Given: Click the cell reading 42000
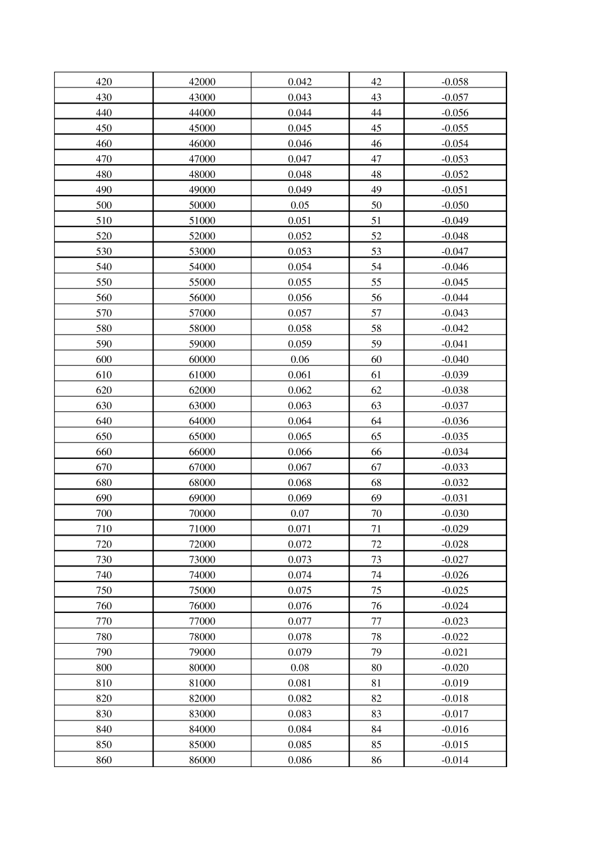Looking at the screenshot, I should click(x=202, y=82).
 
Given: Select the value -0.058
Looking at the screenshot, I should click(x=455, y=82).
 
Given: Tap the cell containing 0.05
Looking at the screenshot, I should click(x=300, y=205).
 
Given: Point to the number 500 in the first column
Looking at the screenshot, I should click(x=104, y=205).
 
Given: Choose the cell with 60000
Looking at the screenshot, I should click(x=202, y=360).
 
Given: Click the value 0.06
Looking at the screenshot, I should click(x=300, y=360).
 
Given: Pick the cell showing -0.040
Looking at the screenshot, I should click(x=455, y=360).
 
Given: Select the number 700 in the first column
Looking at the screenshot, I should click(x=104, y=514).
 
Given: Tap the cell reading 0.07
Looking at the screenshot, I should click(x=300, y=514).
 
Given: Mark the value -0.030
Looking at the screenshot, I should click(x=455, y=514).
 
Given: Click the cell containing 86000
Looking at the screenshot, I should click(x=202, y=760).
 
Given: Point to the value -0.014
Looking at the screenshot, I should click(x=455, y=760).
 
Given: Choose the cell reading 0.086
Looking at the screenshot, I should click(x=300, y=760).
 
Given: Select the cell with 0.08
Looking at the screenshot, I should click(x=300, y=668).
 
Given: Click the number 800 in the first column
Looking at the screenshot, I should click(x=104, y=668).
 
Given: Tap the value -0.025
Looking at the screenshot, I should click(x=455, y=590).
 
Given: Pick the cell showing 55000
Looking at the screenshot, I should click(x=202, y=282).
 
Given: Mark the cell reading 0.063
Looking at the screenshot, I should click(x=300, y=406).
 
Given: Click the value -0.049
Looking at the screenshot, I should click(x=455, y=221).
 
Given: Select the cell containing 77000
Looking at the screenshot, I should click(x=202, y=621).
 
